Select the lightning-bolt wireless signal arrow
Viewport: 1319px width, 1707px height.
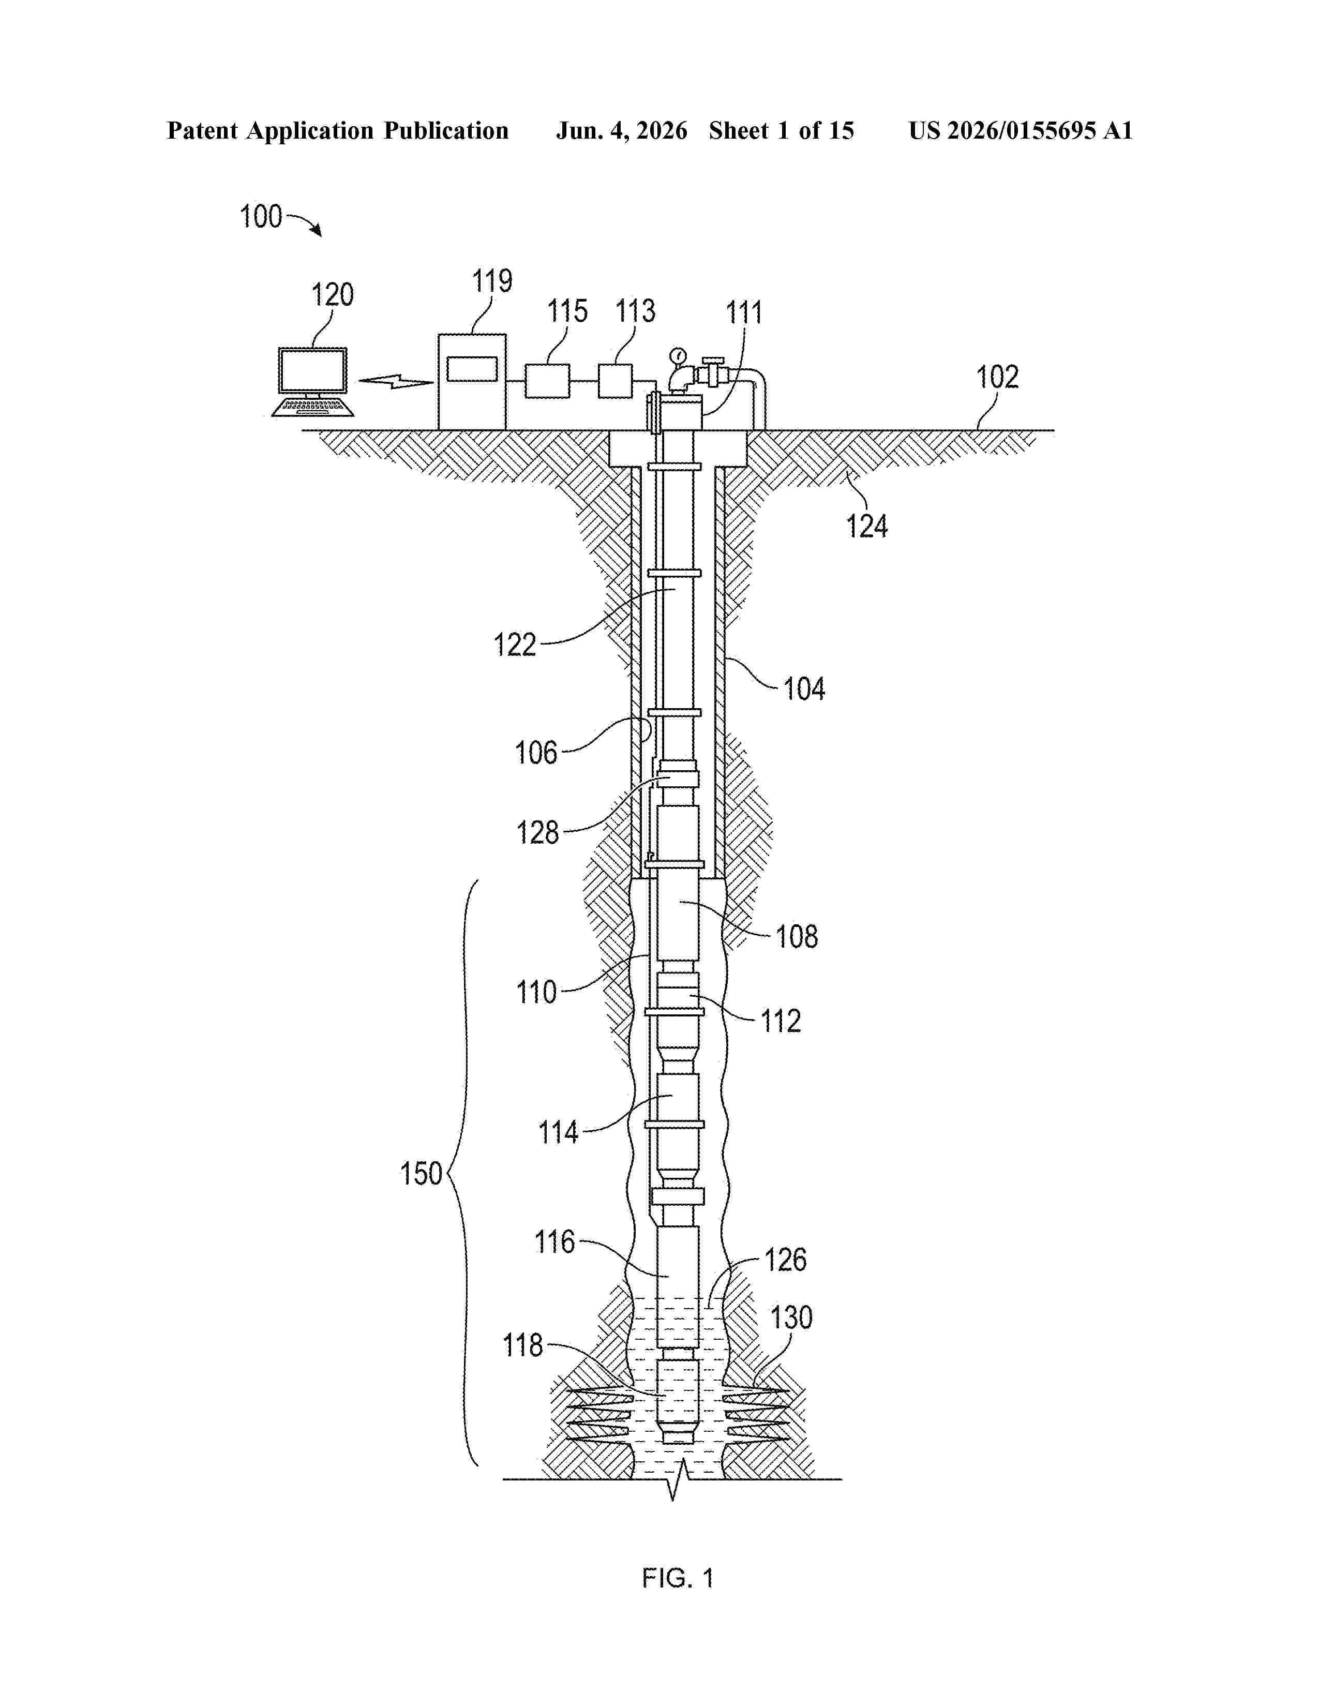tap(395, 381)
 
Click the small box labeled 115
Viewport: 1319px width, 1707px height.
tap(547, 381)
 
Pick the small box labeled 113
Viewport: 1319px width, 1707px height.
tap(615, 381)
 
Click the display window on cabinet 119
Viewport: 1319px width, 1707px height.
tap(472, 369)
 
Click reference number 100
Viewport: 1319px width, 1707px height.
tap(260, 217)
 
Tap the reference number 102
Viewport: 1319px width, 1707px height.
tap(997, 378)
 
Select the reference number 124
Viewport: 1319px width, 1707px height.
tap(866, 526)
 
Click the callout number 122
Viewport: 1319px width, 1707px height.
tap(515, 645)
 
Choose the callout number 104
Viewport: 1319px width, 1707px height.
tap(804, 690)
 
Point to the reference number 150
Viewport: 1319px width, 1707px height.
tap(421, 1174)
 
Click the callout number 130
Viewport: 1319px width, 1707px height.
tap(791, 1319)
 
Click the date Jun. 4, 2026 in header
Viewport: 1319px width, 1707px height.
tap(621, 130)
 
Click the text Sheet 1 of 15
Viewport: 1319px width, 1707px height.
tap(782, 130)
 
